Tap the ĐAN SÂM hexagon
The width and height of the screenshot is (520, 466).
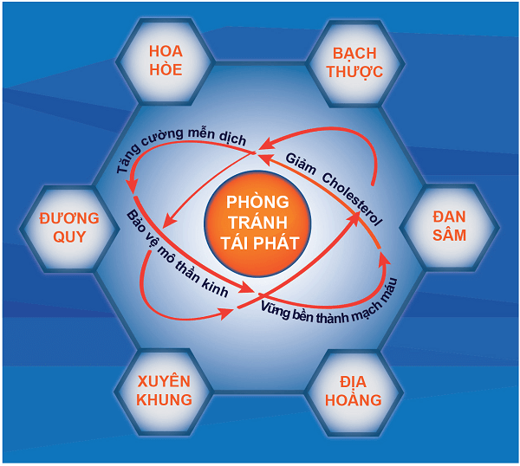click(x=448, y=224)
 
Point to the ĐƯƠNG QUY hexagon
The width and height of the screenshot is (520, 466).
click(x=70, y=224)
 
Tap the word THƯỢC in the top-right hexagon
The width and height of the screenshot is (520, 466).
click(x=354, y=70)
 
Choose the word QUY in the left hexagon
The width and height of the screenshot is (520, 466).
click(x=70, y=236)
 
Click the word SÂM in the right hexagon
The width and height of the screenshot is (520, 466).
click(x=448, y=235)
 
